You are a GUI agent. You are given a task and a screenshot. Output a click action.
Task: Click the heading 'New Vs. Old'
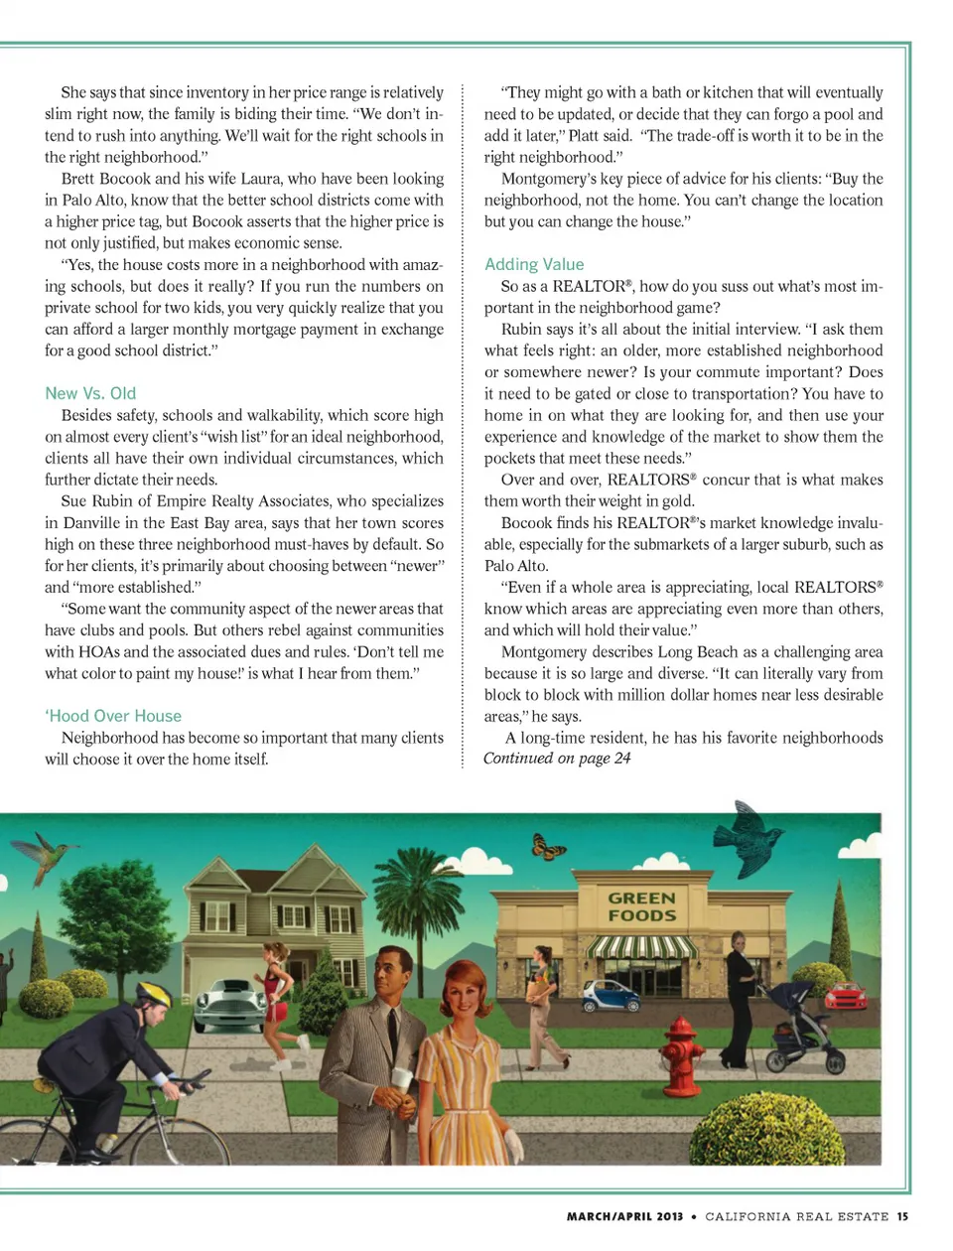tap(90, 393)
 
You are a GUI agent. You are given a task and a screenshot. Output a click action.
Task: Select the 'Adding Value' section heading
tap(534, 264)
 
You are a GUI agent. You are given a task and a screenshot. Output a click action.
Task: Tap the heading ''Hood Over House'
tap(113, 716)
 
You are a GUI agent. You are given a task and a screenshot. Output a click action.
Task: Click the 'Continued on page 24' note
tap(557, 759)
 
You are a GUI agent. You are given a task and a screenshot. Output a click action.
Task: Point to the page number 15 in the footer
tap(902, 1216)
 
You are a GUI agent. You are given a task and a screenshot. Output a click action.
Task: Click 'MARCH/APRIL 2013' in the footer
tap(624, 1216)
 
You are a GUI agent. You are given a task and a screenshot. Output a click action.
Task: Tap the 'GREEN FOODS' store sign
tap(641, 906)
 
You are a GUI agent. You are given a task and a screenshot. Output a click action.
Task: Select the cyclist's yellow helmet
tap(154, 994)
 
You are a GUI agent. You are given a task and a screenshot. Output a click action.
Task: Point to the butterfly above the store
tap(549, 847)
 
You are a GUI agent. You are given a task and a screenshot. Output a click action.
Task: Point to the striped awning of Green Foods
tap(640, 946)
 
